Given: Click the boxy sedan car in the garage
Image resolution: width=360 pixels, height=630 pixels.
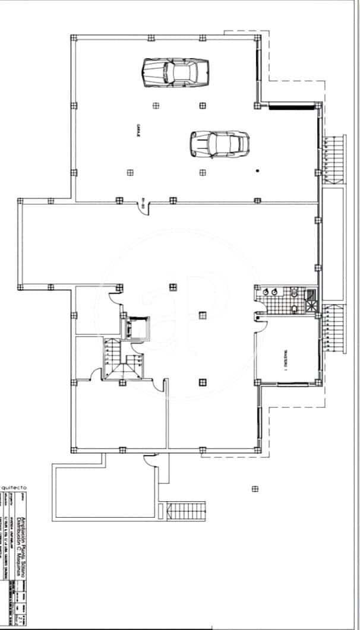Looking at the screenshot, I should (x=174, y=72).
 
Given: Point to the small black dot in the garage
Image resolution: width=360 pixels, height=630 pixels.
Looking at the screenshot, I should (x=257, y=171).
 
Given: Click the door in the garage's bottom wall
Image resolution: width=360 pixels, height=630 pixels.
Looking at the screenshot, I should (x=143, y=205).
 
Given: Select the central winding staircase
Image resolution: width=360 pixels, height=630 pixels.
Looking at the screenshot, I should (x=122, y=359).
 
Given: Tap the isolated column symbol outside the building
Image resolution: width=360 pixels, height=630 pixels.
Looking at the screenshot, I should (x=255, y=489).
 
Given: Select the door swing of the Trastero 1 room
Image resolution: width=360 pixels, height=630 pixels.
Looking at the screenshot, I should (x=261, y=318).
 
